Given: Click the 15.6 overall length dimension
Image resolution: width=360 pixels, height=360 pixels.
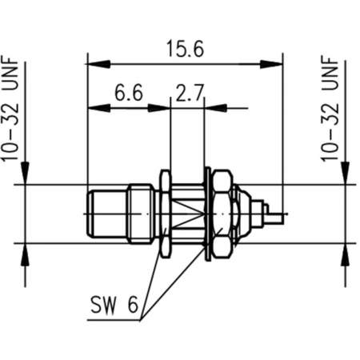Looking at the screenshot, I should click(185, 47).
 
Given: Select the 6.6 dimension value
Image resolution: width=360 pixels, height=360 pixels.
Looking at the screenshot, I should click(128, 94).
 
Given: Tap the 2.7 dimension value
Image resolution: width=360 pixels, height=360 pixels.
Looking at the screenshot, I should click(188, 94).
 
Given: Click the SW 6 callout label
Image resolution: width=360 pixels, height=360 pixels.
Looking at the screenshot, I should click(115, 305).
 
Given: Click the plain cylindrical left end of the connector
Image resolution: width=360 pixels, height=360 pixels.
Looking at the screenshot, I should click(105, 214).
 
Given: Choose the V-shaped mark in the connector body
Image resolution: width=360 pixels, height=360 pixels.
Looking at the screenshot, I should click(188, 214).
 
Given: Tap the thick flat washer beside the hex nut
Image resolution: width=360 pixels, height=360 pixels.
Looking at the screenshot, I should click(208, 214).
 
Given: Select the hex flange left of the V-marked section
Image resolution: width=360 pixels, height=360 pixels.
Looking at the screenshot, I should click(165, 214).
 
